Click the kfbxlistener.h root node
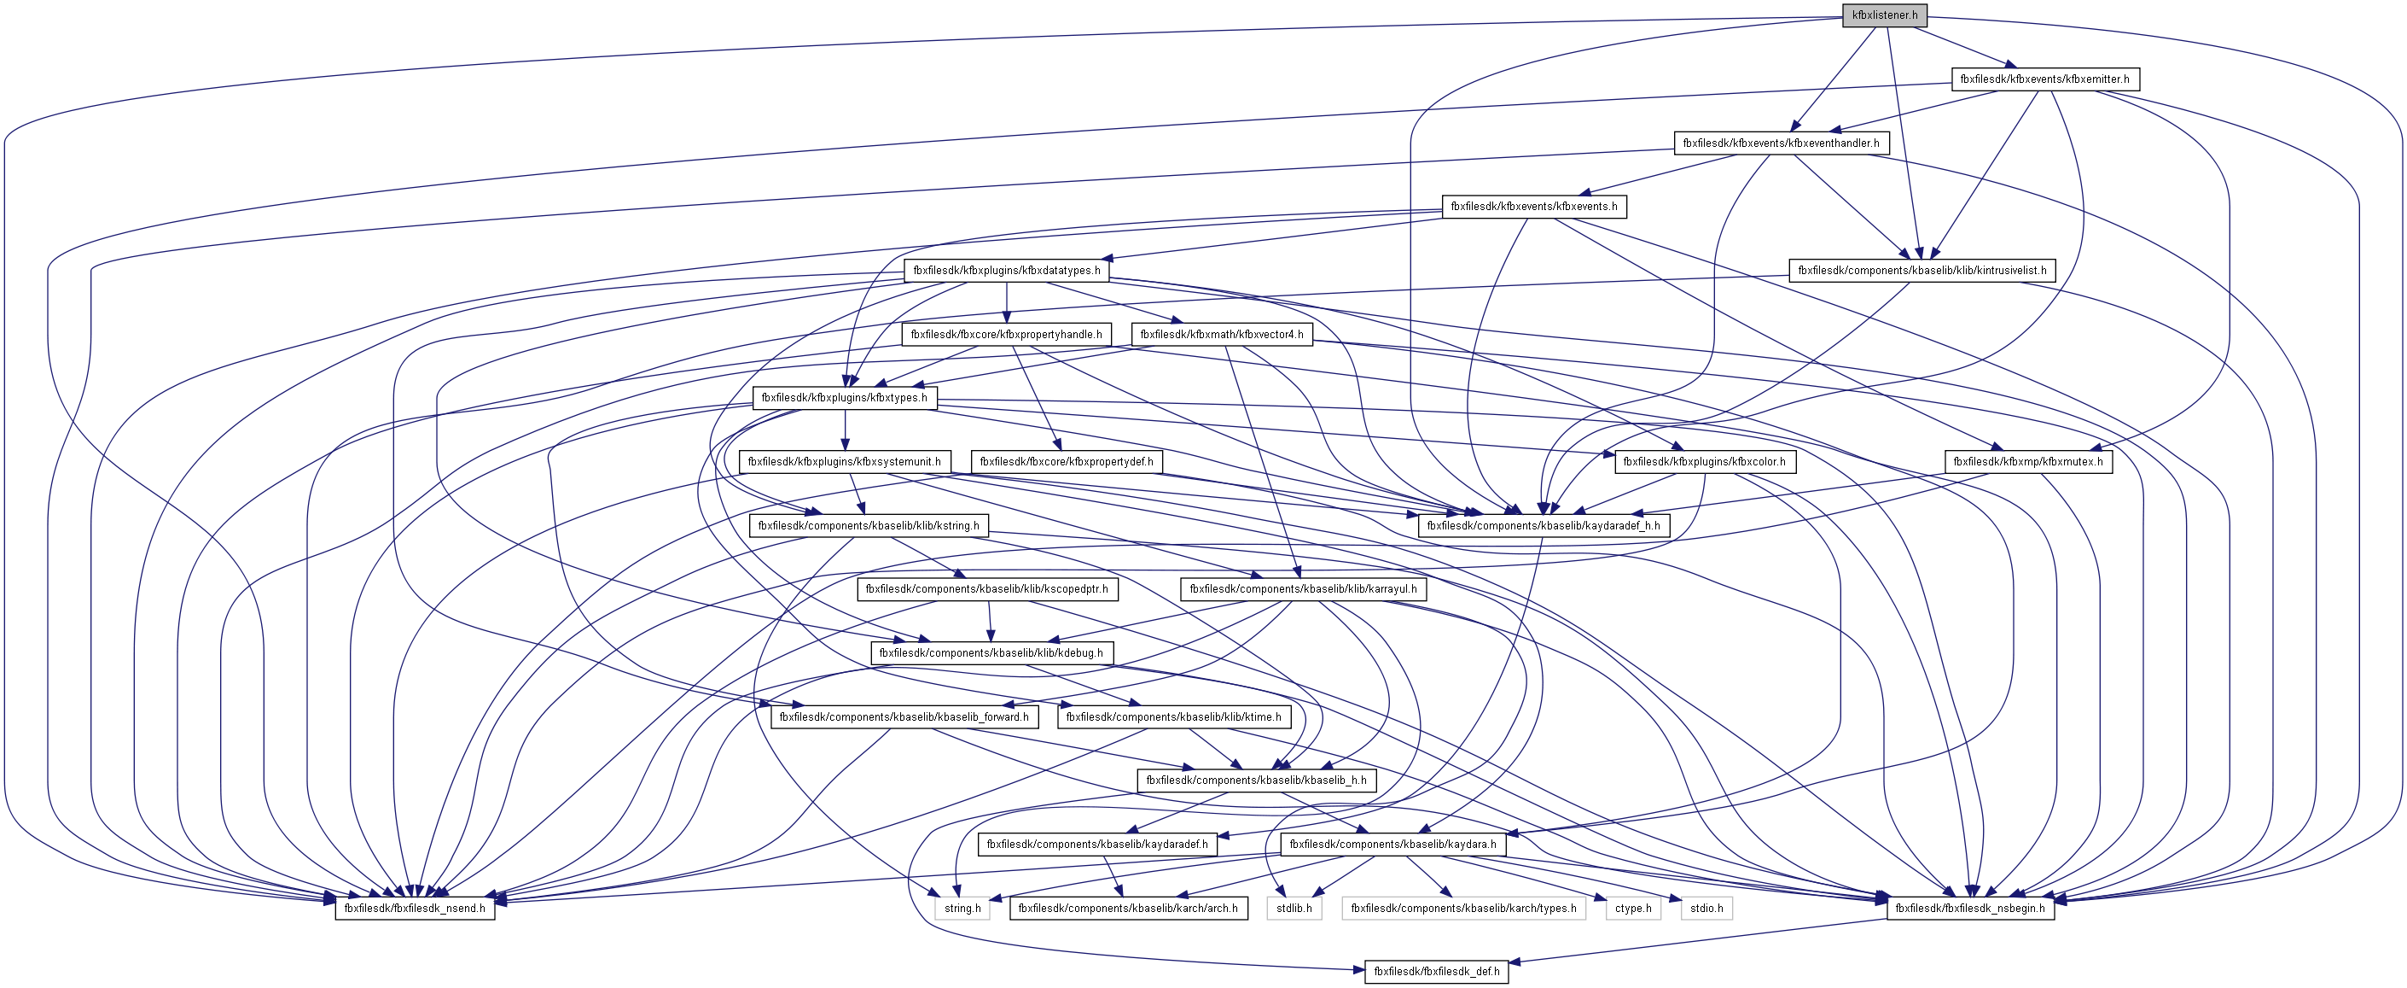pos(1884,15)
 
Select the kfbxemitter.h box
pos(2044,79)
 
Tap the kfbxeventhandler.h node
pos(1780,143)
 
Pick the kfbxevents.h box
pos(1533,207)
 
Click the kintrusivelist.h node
pos(1922,271)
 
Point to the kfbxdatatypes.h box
pos(1006,271)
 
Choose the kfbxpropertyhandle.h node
pos(1006,335)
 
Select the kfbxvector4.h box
pos(1221,335)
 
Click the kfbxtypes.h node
pos(844,398)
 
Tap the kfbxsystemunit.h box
pos(844,462)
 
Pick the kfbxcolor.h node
pos(1703,462)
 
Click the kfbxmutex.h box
pos(2027,462)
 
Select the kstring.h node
pos(868,526)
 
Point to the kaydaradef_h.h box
pos(1543,526)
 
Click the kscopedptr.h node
pos(985,590)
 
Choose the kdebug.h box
pos(991,653)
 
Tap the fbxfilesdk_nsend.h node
pos(414,909)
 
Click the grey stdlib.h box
pos(1294,909)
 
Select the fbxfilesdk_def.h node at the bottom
pos(1435,972)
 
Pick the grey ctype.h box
pos(1632,909)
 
